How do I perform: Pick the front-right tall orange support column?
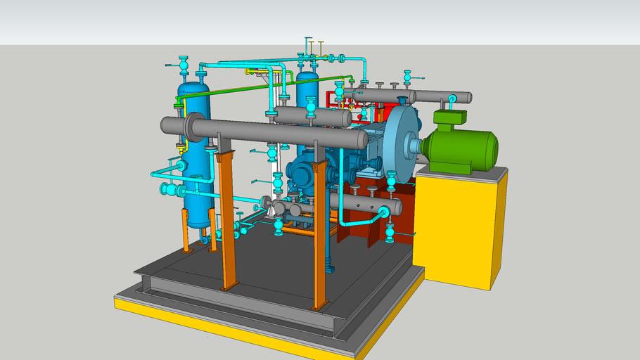pos(320,232)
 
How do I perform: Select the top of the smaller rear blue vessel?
pos(307,75)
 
